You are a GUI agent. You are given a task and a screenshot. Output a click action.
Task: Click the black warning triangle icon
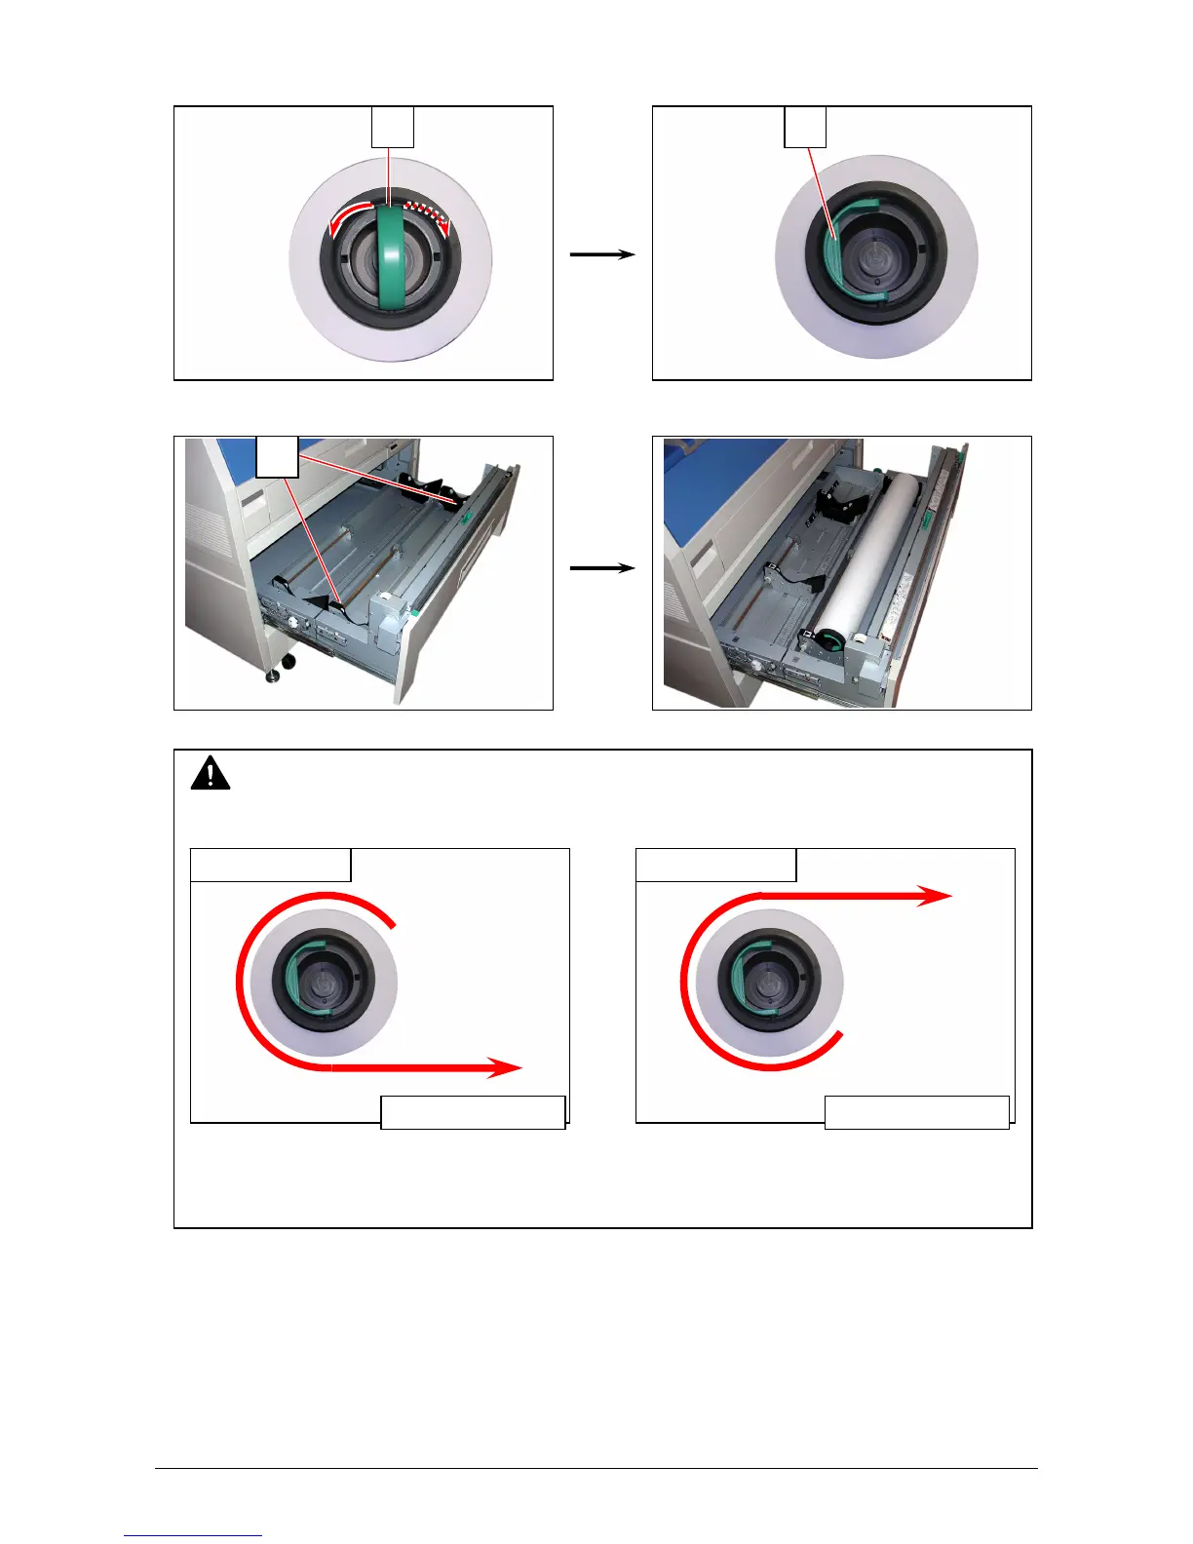tap(211, 774)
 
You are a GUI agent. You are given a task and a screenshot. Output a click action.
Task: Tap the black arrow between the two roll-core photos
tap(602, 254)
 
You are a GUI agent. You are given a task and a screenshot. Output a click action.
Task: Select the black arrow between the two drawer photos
tap(602, 567)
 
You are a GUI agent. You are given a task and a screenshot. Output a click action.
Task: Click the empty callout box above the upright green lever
tap(392, 128)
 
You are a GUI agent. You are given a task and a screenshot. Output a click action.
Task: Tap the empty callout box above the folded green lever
tap(805, 128)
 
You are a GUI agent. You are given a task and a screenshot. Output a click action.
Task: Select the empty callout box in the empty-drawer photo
tap(277, 456)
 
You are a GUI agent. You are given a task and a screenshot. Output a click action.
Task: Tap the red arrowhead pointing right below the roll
tap(505, 1067)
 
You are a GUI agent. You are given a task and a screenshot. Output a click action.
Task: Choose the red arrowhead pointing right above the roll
tap(936, 896)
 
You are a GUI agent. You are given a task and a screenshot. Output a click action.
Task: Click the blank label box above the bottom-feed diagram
tap(270, 865)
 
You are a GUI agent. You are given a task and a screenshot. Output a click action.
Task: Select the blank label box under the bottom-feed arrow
tap(473, 1112)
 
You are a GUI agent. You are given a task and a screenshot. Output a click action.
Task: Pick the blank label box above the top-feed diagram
tap(715, 865)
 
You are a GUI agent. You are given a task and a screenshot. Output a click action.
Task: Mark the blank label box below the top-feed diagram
tap(916, 1112)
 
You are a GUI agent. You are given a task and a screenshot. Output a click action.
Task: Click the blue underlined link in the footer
tap(193, 1535)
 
